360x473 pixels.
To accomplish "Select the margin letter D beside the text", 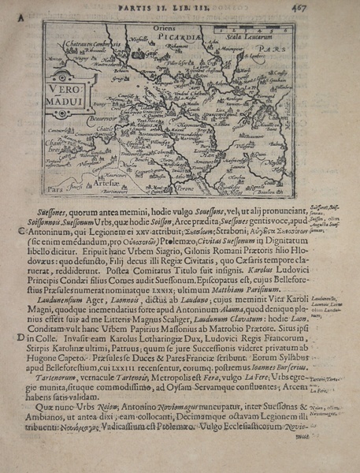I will pyautogui.click(x=20, y=337).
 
